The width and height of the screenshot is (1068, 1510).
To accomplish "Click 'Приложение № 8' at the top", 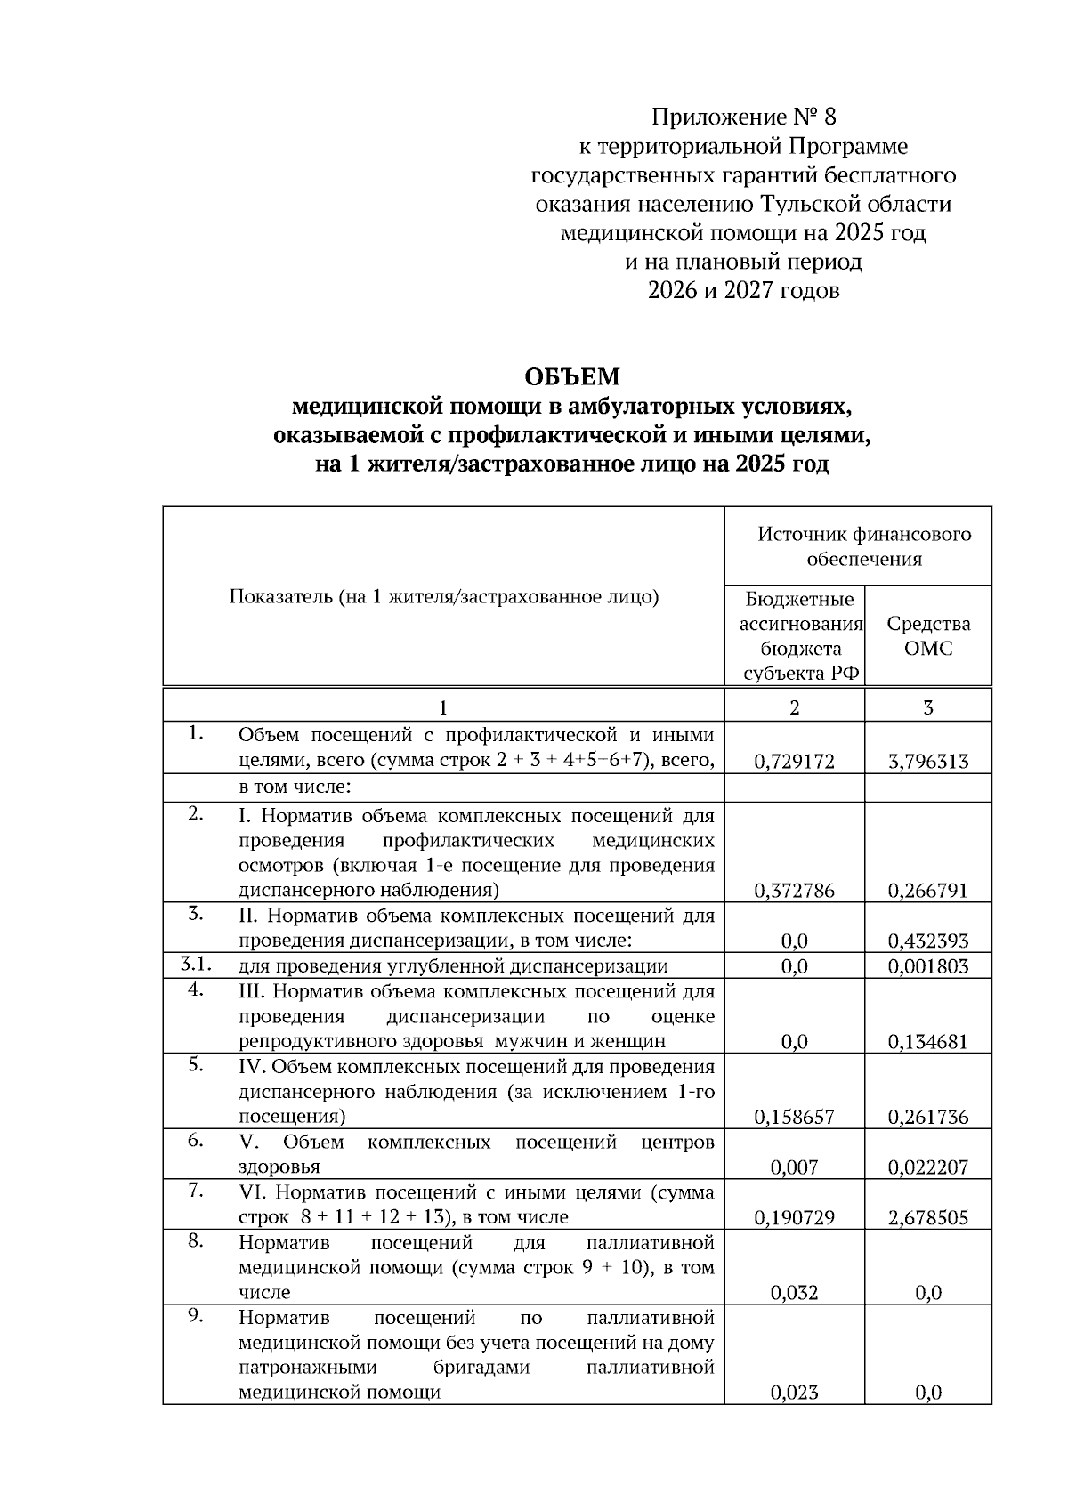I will tap(744, 117).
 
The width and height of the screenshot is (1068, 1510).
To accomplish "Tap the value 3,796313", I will tap(927, 762).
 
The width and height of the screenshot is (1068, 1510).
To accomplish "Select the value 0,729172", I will tap(794, 762).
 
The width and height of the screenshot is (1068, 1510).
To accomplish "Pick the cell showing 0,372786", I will tap(794, 891).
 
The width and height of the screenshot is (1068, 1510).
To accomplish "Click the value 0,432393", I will tap(927, 941).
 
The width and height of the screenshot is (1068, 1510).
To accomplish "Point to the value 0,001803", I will tap(927, 966).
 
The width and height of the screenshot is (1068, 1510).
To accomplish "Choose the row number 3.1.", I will tap(196, 965).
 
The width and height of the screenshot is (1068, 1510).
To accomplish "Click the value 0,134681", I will tap(927, 1042).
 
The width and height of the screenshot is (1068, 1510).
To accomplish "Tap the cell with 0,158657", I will tap(794, 1118).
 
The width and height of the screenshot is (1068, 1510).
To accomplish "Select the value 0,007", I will tap(794, 1167).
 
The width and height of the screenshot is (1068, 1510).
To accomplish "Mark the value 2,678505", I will tap(927, 1218).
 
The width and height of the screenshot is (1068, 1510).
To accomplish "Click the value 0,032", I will tap(794, 1293).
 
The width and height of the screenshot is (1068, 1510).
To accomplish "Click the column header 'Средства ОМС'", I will tap(927, 635).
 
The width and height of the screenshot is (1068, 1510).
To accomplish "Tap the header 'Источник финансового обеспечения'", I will tap(863, 546).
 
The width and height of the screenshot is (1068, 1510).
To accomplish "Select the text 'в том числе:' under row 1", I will tap(295, 787).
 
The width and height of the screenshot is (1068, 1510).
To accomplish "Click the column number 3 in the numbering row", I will tap(927, 707).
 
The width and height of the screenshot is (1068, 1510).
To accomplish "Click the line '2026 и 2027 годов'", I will tap(744, 291).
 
